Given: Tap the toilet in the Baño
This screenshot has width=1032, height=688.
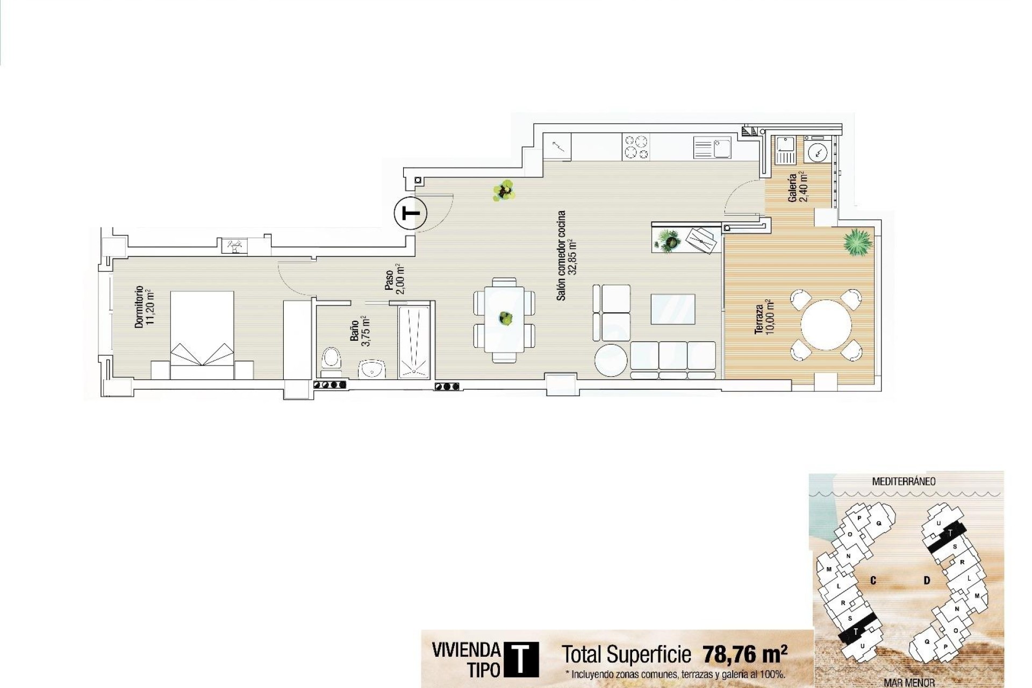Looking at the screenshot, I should tap(331, 361).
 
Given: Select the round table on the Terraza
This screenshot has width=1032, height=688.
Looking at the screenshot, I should tap(826, 325).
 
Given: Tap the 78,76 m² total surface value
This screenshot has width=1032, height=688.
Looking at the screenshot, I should tap(745, 654).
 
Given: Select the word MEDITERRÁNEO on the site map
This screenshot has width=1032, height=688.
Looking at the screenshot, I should tap(904, 481).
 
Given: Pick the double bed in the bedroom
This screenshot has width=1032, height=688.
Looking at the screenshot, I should tap(202, 329).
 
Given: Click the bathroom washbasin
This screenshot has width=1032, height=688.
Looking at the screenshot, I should tap(372, 369).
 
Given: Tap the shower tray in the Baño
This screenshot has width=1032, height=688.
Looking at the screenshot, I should tap(414, 341).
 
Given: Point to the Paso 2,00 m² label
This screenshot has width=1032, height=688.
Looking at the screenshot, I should tap(393, 279).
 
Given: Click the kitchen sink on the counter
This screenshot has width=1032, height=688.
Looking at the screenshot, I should tap(712, 147).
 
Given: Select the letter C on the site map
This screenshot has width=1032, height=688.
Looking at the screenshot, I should tap(873, 580).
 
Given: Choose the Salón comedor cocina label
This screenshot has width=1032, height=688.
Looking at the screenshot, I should tap(566, 255).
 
